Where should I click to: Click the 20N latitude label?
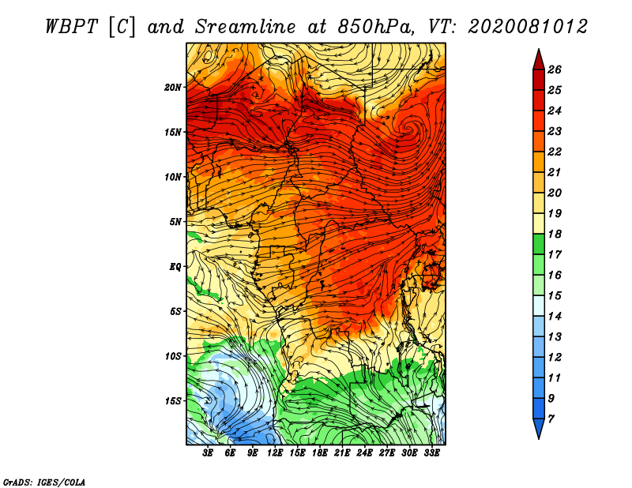click(x=172, y=88)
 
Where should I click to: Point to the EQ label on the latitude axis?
click(x=175, y=267)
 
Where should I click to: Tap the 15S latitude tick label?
click(x=173, y=401)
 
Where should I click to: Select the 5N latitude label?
click(x=175, y=222)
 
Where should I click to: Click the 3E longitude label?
click(x=208, y=453)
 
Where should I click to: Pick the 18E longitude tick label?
click(x=320, y=453)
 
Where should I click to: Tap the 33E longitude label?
click(x=431, y=453)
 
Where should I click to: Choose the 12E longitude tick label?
click(x=275, y=453)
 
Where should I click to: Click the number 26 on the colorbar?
click(x=555, y=69)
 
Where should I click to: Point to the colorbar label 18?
click(x=555, y=234)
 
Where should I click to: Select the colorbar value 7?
click(x=551, y=419)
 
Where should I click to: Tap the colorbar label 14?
click(x=555, y=317)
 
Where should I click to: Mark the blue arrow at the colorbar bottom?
click(x=539, y=428)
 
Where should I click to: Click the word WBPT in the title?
click(x=72, y=27)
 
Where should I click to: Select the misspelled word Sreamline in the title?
click(x=246, y=27)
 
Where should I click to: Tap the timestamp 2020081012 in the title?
click(x=528, y=27)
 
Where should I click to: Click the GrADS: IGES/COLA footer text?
click(x=44, y=482)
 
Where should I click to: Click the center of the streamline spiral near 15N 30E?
click(x=408, y=129)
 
